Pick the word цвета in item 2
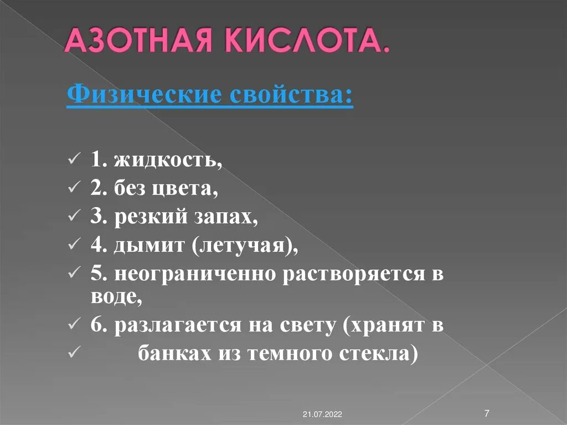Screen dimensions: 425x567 tap(186, 188)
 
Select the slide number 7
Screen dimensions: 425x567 tap(486, 413)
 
